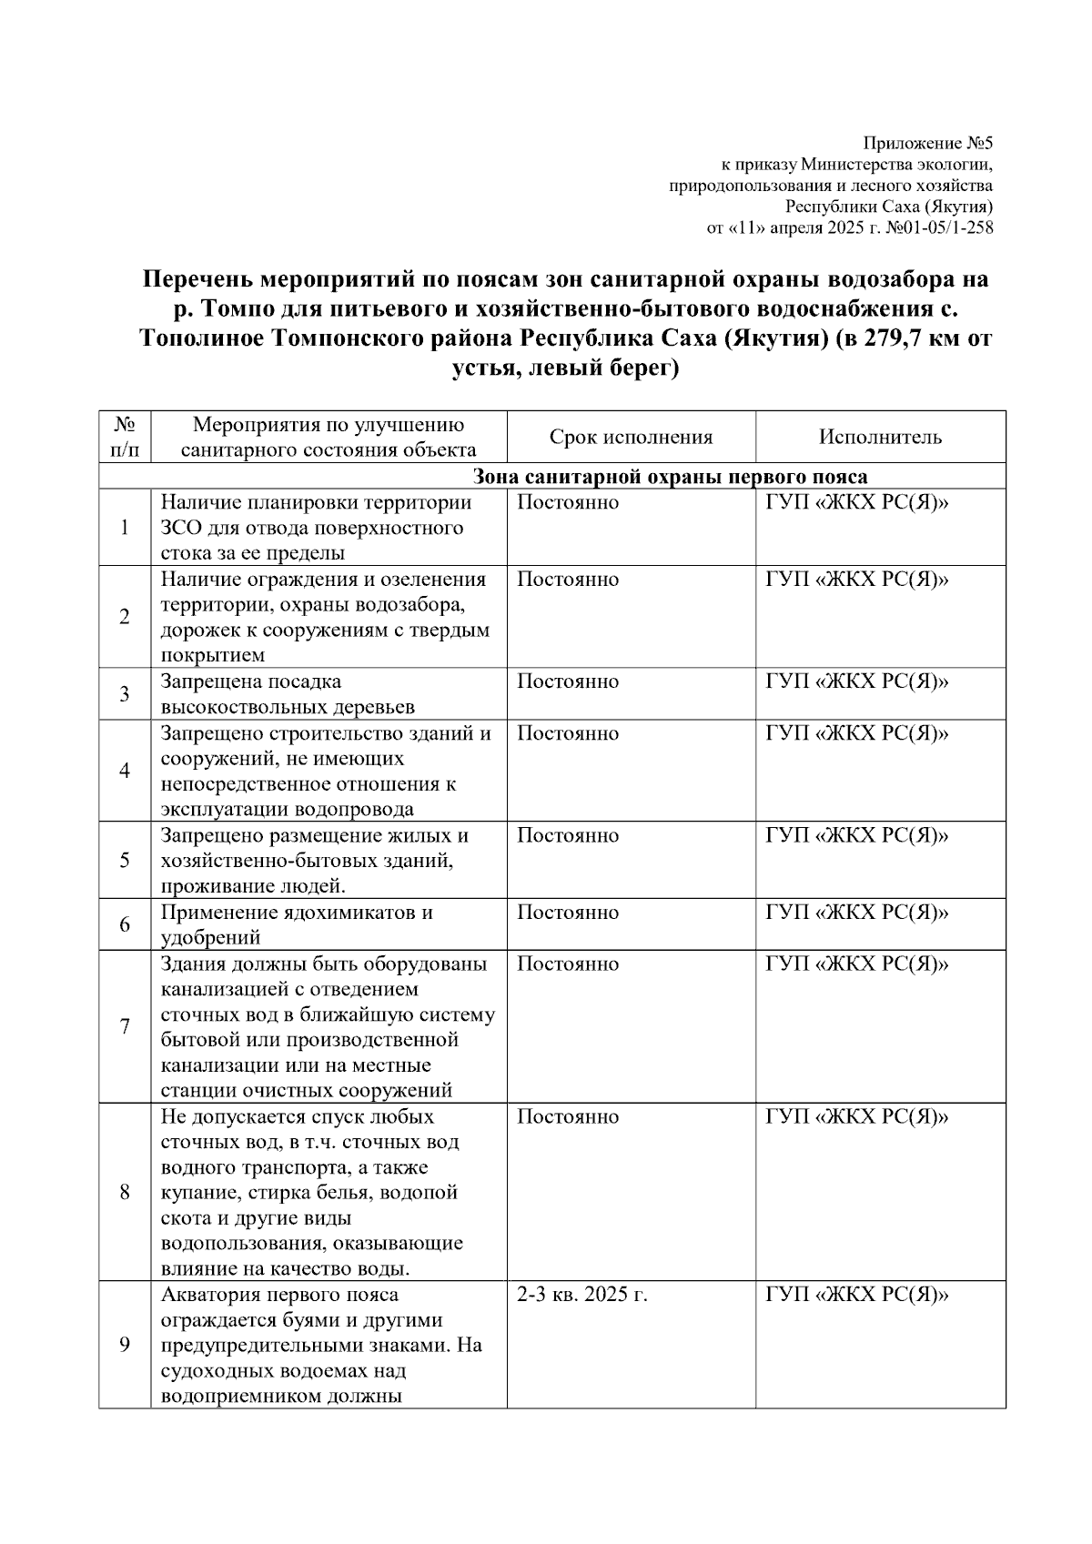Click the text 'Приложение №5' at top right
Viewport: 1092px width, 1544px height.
point(927,144)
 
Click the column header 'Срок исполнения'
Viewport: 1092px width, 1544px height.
point(631,437)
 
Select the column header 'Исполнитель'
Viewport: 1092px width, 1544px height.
point(880,437)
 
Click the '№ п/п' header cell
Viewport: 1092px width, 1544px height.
point(125,437)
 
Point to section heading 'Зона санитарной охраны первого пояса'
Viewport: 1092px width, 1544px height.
point(670,477)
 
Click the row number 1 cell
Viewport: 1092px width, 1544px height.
point(125,528)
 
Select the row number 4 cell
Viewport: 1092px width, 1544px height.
point(125,771)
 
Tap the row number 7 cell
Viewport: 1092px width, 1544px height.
point(125,1026)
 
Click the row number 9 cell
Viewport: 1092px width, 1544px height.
point(125,1345)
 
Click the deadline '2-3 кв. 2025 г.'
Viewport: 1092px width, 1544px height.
point(581,1295)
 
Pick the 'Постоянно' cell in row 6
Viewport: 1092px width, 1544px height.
point(568,913)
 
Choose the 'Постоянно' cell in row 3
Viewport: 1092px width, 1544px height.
point(568,682)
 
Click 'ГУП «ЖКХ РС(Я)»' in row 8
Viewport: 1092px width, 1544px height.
point(857,1116)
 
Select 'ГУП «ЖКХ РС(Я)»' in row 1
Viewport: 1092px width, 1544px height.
point(857,503)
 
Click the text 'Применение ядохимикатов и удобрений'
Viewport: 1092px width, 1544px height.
point(297,924)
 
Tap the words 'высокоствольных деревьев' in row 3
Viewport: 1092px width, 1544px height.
point(288,707)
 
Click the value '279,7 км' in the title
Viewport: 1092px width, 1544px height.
point(893,339)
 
